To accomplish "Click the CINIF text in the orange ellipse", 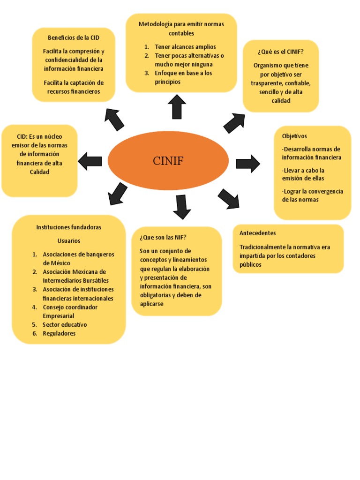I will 168,161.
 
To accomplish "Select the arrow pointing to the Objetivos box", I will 247,164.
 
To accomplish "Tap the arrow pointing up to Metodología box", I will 177,106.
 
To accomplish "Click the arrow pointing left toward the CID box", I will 90,161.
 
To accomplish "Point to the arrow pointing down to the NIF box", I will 181,207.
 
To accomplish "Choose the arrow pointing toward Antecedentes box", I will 228,199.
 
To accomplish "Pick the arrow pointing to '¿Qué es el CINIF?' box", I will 234,123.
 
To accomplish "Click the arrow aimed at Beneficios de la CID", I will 114,119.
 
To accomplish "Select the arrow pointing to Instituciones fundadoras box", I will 117,194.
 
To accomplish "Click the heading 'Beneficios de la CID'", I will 74,37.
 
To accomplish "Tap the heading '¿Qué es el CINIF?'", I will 280,51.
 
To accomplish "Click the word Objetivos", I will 294,136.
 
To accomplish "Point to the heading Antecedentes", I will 257,233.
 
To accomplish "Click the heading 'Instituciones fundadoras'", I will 69,227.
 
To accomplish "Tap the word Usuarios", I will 69,240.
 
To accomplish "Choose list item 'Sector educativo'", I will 65,324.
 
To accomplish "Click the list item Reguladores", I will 59,333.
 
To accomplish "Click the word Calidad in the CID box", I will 39,172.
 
